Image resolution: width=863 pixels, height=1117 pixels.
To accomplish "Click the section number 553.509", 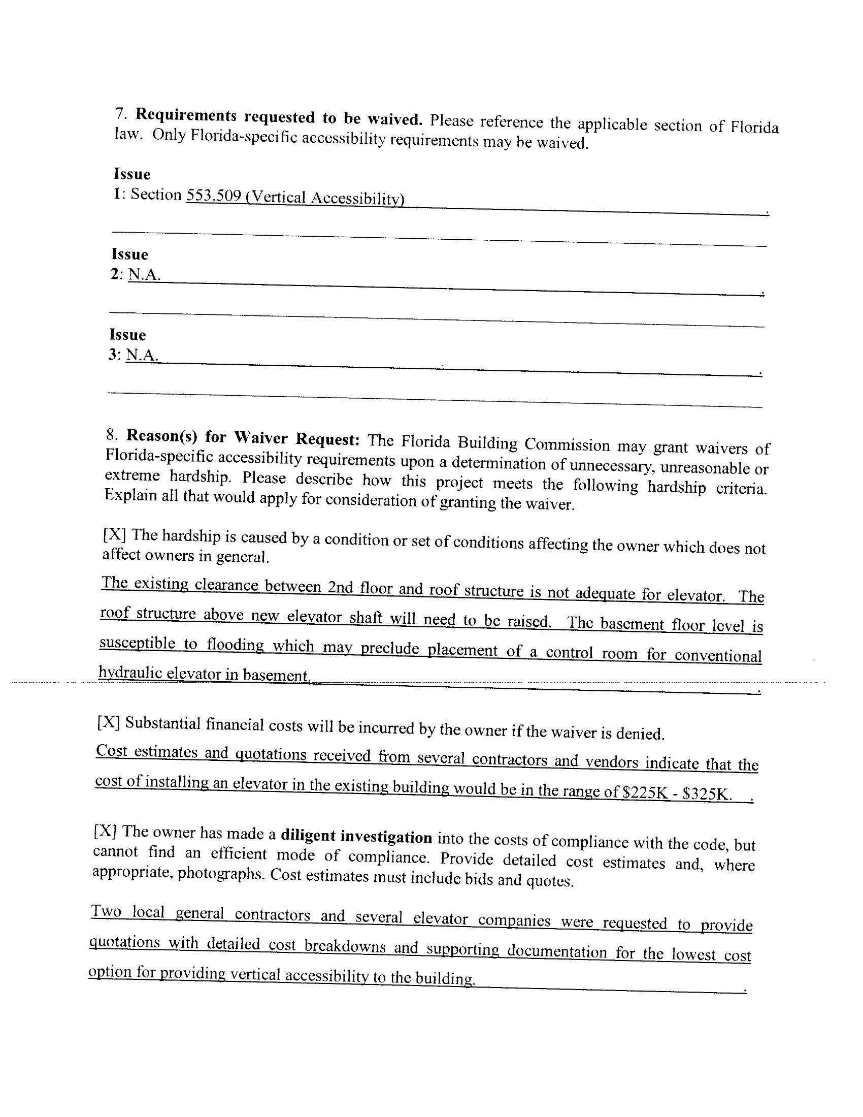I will click(x=213, y=196).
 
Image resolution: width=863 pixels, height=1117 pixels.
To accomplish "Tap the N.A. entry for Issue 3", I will click(x=142, y=355).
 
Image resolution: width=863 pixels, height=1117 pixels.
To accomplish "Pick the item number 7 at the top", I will click(x=120, y=113).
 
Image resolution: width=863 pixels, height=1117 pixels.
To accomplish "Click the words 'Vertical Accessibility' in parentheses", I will click(x=325, y=198).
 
